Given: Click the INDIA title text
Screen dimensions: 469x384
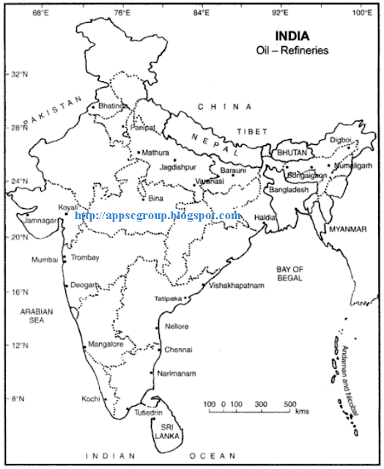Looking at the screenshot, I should [x=292, y=35].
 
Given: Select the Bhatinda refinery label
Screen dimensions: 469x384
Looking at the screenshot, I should [x=113, y=106].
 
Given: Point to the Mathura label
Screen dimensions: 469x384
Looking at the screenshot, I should [x=155, y=152].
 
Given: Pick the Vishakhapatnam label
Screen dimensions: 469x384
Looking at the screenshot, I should [x=236, y=286].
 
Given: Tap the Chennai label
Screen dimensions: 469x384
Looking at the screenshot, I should [x=178, y=349].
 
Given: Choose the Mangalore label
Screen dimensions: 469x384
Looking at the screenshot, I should [x=105, y=343].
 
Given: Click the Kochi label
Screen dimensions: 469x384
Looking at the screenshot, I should [x=91, y=399].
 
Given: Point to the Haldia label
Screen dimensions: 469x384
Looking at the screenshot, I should [x=265, y=218].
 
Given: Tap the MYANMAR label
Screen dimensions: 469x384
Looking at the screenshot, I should [x=347, y=229].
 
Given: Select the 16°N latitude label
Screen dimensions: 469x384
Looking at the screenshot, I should [x=17, y=292].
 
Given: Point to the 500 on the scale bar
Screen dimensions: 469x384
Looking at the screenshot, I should [x=289, y=405].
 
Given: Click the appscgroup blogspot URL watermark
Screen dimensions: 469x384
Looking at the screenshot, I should [x=158, y=215].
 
